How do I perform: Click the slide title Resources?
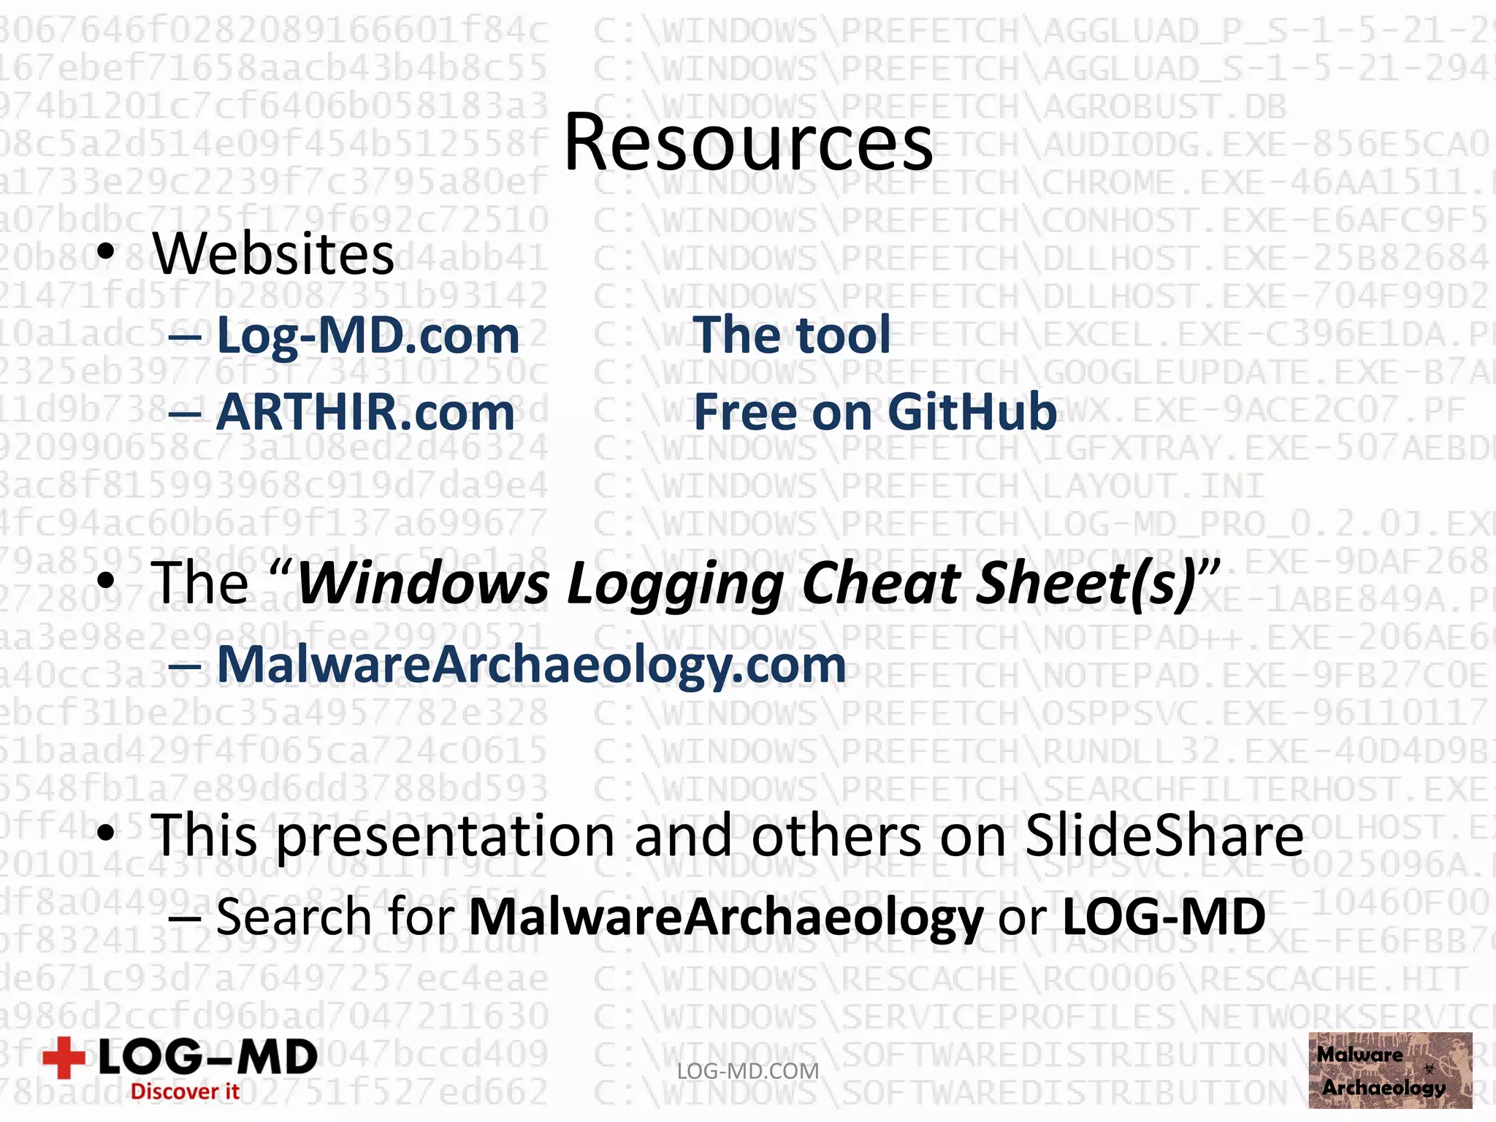coord(748,142)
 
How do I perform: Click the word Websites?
coord(273,254)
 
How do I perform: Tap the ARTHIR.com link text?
coord(365,413)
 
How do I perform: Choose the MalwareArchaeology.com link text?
coord(531,665)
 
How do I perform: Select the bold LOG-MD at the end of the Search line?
coord(1163,917)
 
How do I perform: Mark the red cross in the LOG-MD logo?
coord(64,1057)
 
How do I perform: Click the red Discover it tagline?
coord(185,1091)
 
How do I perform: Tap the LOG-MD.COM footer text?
coord(748,1071)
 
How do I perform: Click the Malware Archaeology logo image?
coord(1389,1070)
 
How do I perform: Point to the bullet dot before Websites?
coord(107,251)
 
